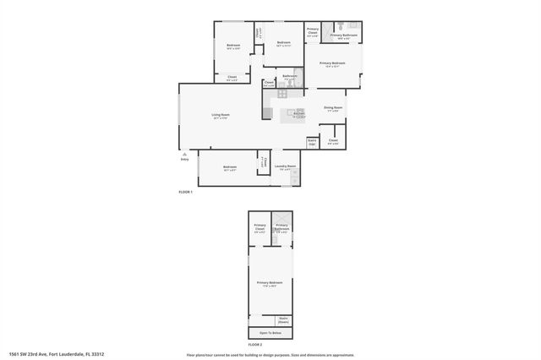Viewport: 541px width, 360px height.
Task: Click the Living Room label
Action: point(221,116)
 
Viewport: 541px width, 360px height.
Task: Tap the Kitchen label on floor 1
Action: point(298,116)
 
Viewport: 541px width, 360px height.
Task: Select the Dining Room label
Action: point(333,109)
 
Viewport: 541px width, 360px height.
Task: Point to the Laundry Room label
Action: point(287,167)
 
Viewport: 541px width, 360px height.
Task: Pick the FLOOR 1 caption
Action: point(186,193)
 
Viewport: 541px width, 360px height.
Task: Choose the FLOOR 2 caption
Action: point(255,345)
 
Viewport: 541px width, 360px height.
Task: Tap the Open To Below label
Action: point(270,333)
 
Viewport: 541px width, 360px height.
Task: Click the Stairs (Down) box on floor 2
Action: point(283,320)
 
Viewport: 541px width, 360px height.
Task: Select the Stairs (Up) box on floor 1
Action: point(312,142)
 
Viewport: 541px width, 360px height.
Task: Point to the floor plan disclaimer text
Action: point(270,355)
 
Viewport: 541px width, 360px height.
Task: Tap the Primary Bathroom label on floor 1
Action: point(343,36)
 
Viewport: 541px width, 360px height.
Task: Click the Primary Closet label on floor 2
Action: point(260,228)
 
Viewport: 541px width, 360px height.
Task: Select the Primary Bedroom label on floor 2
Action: point(270,283)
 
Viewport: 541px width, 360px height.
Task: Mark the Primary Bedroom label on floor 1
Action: point(332,64)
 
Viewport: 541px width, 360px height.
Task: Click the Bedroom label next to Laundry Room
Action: point(230,168)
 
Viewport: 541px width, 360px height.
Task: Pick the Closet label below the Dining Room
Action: point(333,141)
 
